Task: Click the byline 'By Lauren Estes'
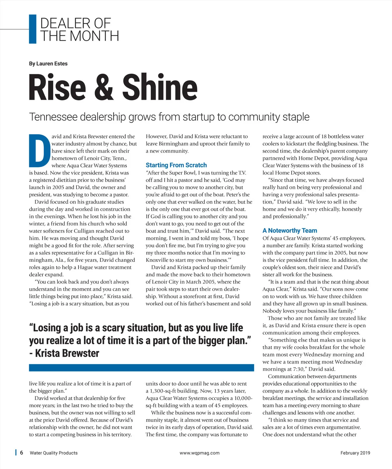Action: tap(48, 63)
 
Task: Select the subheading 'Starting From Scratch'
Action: tap(176, 165)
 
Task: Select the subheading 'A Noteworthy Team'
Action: tap(290, 231)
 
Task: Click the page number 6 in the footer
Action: tap(22, 453)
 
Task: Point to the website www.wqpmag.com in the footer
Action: tap(199, 453)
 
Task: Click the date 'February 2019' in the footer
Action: tap(355, 453)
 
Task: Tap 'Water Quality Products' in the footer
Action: tap(54, 453)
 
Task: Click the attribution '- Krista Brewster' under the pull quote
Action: tap(64, 353)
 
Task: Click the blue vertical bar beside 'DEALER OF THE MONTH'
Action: tap(33, 29)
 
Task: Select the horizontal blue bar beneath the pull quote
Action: tap(141, 368)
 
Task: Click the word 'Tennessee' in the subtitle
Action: tap(53, 117)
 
